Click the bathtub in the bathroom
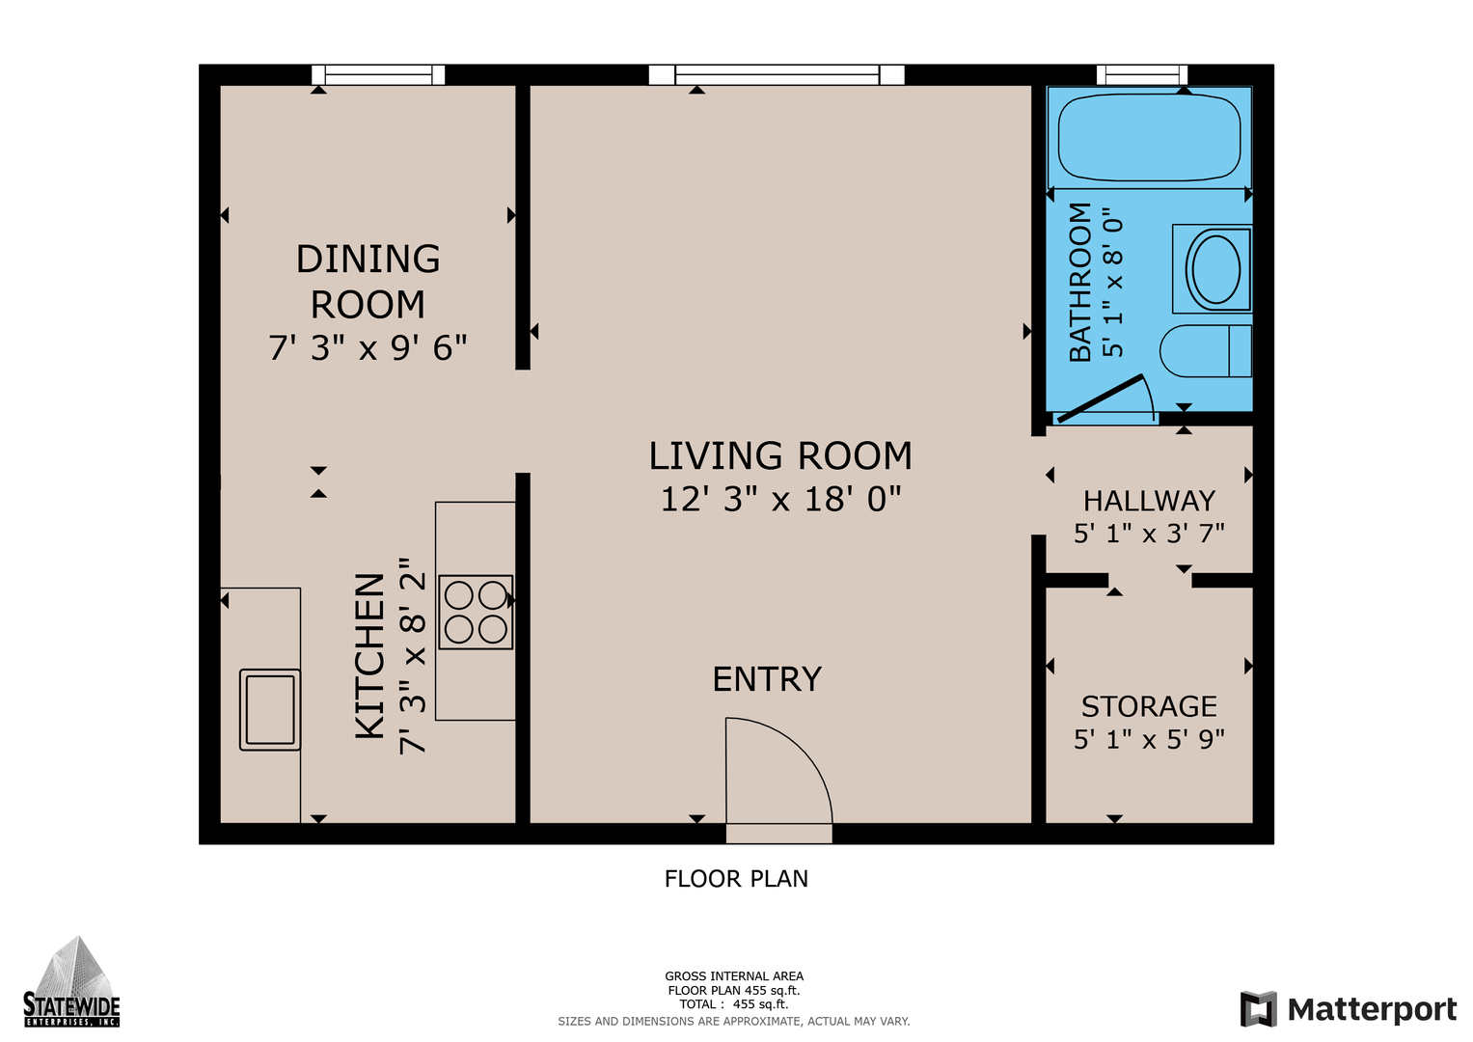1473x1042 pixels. coord(1149,137)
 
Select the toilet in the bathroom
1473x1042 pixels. coord(1206,350)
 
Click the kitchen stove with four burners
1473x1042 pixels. coord(476,613)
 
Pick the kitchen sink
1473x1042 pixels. coord(269,710)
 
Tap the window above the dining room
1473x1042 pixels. coord(378,75)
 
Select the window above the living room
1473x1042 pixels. coord(777,75)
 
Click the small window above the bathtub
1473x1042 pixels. coord(1142,75)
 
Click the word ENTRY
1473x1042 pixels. coord(768,679)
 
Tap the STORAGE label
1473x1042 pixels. coord(1149,706)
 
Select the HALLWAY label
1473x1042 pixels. coord(1149,502)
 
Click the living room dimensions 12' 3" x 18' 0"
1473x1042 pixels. coord(780,500)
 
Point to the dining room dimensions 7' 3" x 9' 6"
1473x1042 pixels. coord(368,348)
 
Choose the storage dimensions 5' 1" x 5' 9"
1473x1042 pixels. coord(1149,740)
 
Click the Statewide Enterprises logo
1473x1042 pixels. coord(71,981)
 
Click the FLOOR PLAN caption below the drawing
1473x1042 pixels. coord(736,879)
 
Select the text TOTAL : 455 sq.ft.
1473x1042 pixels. coord(734,1004)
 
